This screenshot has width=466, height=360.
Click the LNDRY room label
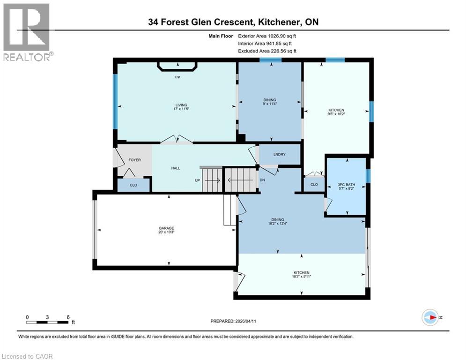point(280,155)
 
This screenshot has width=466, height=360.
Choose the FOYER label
point(135,160)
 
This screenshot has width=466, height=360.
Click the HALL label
point(176,168)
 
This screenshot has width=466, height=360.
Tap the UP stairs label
point(198,180)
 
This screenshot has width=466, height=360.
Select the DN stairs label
point(262,180)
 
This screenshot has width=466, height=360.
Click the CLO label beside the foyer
point(133,185)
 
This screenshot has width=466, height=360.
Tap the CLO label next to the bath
point(314,185)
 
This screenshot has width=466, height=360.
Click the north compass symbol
point(430,317)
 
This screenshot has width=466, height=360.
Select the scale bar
point(48,322)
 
